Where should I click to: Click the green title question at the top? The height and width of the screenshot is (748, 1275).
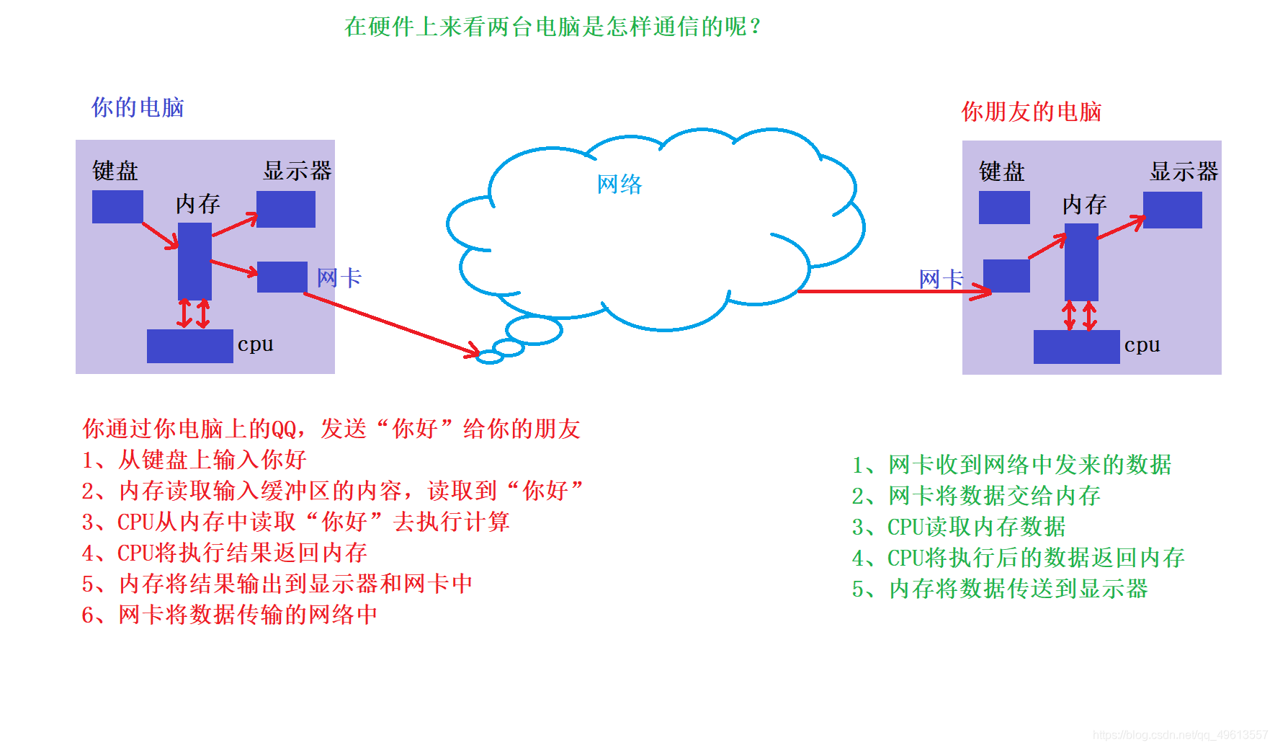pos(552,27)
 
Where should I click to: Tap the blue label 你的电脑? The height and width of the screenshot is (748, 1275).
pos(137,107)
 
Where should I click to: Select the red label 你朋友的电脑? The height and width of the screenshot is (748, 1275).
pos(1031,112)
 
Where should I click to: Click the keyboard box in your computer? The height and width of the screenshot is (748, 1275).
pos(117,207)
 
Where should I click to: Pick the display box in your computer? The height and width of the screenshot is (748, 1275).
pos(286,209)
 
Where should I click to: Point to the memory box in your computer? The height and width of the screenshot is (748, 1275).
pos(194,261)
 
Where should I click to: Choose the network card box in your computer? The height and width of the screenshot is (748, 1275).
pos(282,277)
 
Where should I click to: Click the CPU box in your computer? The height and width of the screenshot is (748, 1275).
pos(190,346)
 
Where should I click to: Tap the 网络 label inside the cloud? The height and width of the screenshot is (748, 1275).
pos(619,184)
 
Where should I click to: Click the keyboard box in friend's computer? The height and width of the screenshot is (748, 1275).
pos(1004,208)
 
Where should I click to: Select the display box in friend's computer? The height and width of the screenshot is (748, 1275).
pos(1172,210)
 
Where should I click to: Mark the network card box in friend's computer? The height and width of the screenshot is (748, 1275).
pos(1006,276)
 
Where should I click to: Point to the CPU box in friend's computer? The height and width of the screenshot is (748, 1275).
pos(1076,347)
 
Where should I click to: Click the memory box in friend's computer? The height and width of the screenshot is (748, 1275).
pos(1081,262)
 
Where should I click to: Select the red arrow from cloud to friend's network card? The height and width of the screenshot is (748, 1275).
pos(893,291)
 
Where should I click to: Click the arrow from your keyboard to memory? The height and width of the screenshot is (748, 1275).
pos(160,235)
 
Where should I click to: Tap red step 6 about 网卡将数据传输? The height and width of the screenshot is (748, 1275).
pos(229,615)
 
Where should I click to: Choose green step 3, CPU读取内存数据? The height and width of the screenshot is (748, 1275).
pos(958,527)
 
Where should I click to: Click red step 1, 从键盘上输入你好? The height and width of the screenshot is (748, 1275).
pos(194,460)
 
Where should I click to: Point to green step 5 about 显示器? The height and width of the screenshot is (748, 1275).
pos(999,589)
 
